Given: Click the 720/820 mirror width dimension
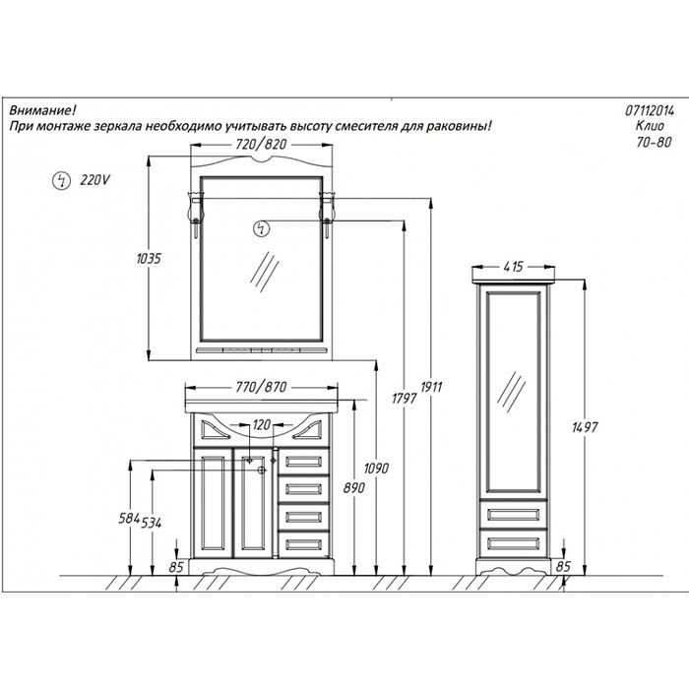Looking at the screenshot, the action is click(x=261, y=144).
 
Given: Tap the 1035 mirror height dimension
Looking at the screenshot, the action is click(x=149, y=258).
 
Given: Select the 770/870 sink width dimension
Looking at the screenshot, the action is click(x=261, y=387).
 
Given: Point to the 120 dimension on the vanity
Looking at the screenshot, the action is click(x=262, y=424).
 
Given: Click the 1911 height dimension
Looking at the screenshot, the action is click(x=431, y=387).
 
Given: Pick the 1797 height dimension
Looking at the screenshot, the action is click(x=405, y=398).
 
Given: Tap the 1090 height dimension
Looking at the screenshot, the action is click(x=376, y=469).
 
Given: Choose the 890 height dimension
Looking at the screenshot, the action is click(x=354, y=488).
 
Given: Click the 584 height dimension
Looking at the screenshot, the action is click(x=129, y=519).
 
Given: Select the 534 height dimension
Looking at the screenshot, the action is click(x=152, y=523).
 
